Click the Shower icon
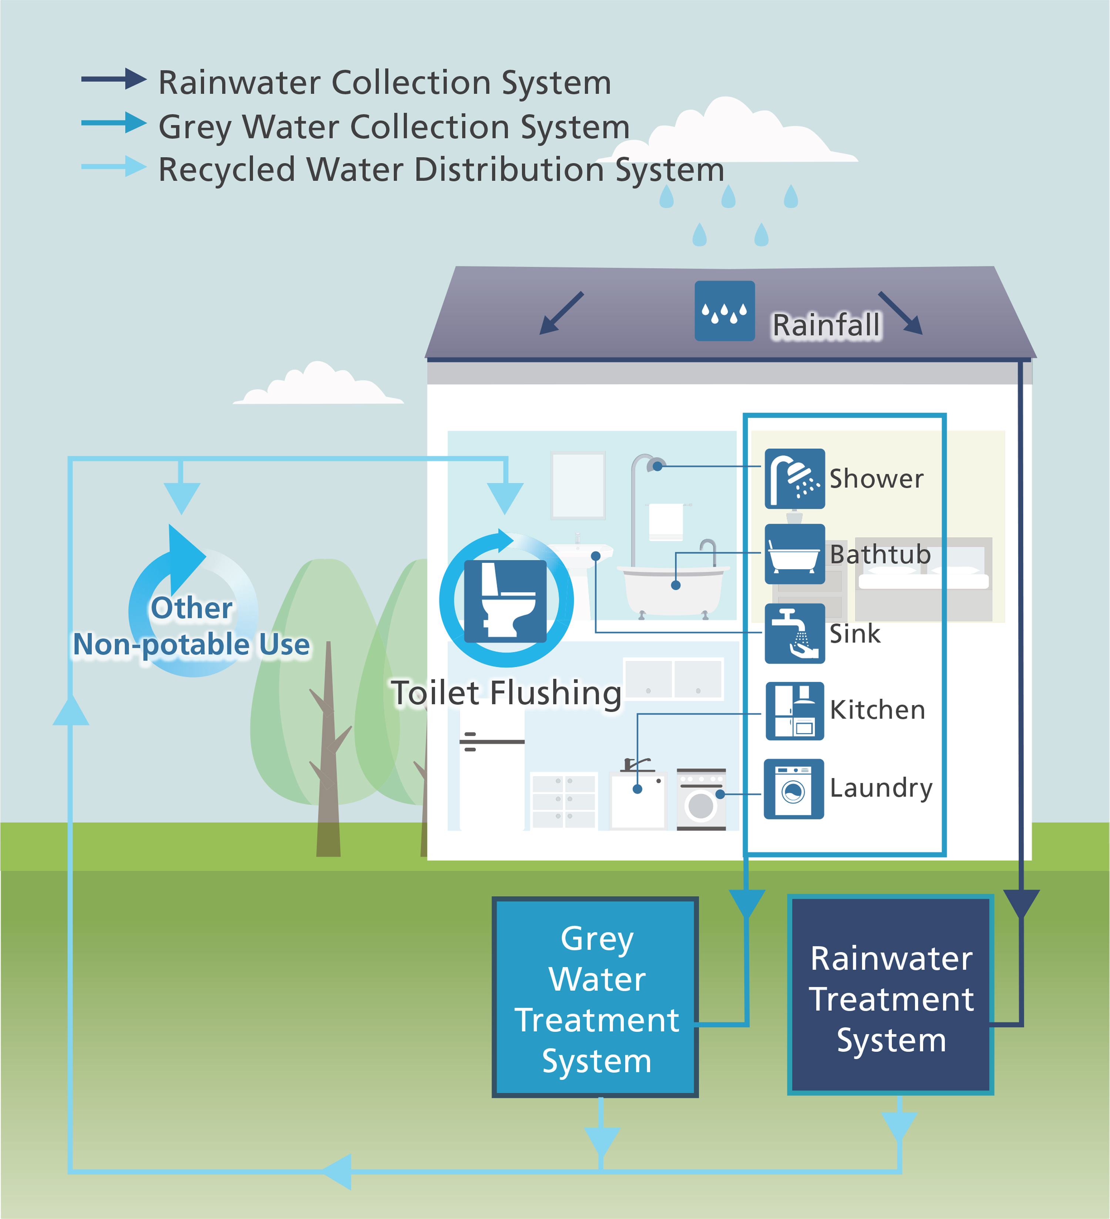(794, 478)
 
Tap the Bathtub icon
(794, 554)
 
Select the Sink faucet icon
(794, 633)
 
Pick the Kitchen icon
(794, 711)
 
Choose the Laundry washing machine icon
(793, 788)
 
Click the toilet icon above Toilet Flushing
(505, 601)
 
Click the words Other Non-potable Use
(192, 627)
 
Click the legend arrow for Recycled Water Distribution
(114, 166)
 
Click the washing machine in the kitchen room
(700, 799)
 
